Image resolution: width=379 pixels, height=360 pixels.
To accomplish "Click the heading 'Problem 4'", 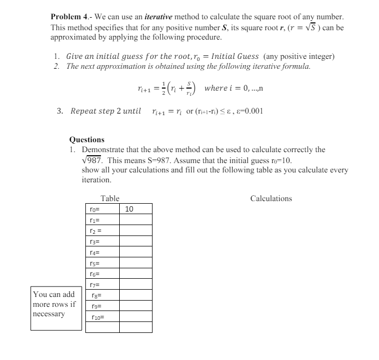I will [x=70, y=18].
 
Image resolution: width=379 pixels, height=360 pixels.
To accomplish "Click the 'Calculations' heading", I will [x=271, y=198].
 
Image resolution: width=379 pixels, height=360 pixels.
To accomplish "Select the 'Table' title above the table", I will [x=110, y=198].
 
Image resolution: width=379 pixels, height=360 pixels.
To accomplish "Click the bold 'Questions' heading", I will [x=87, y=140].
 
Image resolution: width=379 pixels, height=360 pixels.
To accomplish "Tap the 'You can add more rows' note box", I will [x=56, y=307].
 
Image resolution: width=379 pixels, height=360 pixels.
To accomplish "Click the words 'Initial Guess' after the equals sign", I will [x=240, y=56].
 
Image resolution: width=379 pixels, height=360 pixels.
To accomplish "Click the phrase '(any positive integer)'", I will [x=299, y=56].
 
